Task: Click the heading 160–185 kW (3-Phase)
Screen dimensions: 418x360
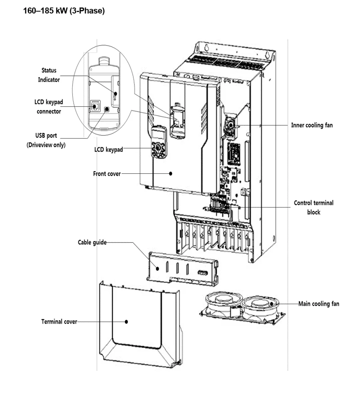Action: pos(64,11)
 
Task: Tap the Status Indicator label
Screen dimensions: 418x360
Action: pos(49,75)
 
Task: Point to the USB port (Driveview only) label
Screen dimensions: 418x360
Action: pos(46,140)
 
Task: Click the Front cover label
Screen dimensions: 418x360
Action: pos(107,174)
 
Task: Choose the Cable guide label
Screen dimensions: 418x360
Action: pos(92,242)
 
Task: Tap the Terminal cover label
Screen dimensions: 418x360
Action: pos(59,321)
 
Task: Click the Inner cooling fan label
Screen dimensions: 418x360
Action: pos(312,125)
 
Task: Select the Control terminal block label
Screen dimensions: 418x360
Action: pos(314,207)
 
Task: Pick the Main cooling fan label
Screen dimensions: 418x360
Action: pos(319,304)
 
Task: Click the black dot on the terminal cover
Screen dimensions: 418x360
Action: pos(126,321)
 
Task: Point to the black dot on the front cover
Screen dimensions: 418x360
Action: pos(171,173)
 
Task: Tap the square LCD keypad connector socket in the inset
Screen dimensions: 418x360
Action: pos(96,106)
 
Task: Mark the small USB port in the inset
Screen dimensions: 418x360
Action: pos(106,108)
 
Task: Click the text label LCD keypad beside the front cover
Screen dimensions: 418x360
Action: pos(108,150)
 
